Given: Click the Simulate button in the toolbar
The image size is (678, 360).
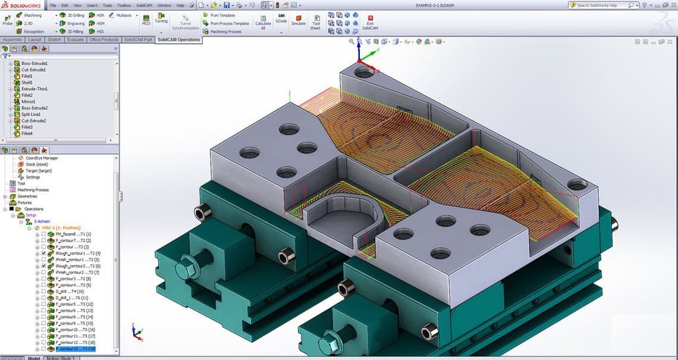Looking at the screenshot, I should click(x=298, y=21).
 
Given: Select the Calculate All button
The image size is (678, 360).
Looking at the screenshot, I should click(x=263, y=21).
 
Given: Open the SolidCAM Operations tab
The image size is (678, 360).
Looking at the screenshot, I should click(x=178, y=40).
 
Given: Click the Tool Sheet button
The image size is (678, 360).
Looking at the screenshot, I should click(x=315, y=21).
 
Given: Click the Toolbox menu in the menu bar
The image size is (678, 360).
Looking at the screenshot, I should click(x=124, y=5).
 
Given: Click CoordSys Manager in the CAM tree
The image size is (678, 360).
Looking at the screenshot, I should click(x=42, y=158).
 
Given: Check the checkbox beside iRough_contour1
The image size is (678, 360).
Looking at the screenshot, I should click(x=43, y=253).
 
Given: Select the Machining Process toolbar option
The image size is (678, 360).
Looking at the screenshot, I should click(x=225, y=32).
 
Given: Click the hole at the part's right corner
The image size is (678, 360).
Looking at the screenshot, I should click(x=576, y=184).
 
